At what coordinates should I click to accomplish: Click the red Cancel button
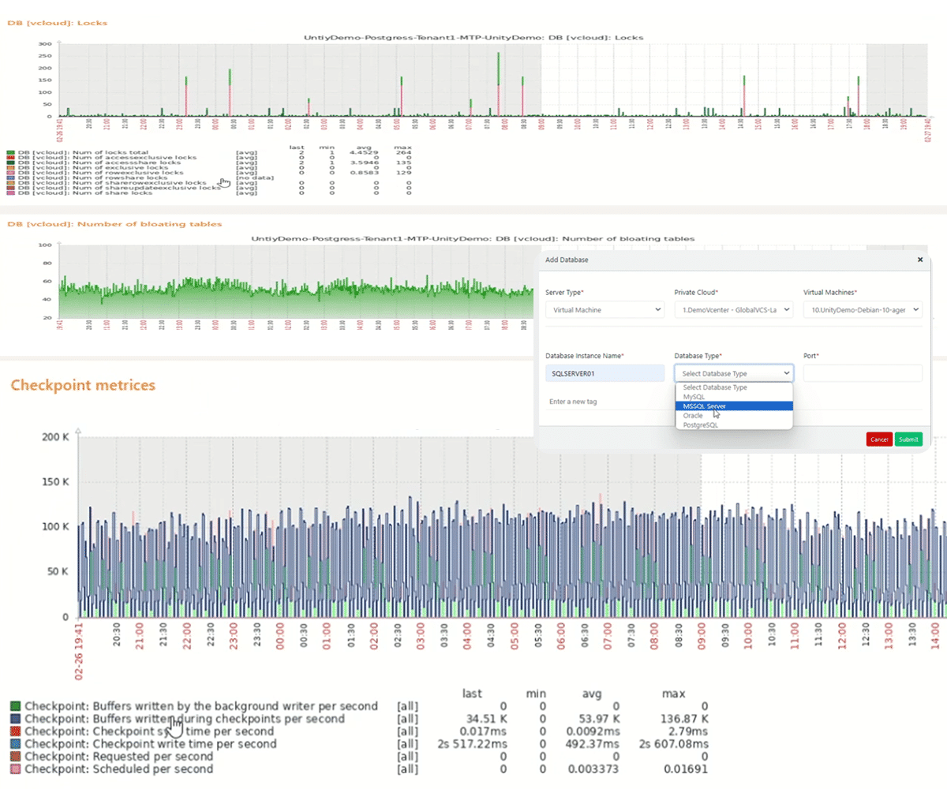coord(878,439)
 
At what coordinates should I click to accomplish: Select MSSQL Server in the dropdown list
coord(704,406)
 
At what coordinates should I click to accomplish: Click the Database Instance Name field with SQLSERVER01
coord(605,373)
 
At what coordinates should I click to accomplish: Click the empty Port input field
coord(863,373)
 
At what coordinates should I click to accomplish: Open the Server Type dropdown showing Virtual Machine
coord(605,310)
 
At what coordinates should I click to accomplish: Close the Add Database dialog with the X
coord(919,260)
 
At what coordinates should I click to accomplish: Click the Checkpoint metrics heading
coord(83,385)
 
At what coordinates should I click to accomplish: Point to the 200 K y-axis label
coord(58,436)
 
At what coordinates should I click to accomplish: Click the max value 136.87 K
coord(684,719)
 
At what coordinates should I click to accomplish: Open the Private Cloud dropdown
coord(733,310)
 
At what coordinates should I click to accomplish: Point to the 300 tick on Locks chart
coord(45,44)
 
